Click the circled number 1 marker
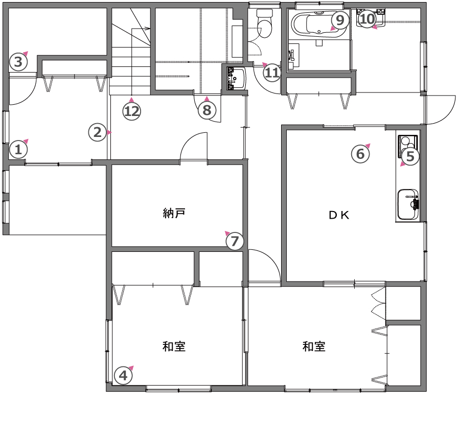click(x=18, y=150)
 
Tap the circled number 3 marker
click(x=18, y=62)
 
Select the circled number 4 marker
click(x=123, y=376)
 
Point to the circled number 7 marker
click(x=235, y=241)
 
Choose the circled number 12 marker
click(x=132, y=111)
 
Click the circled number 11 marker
click(x=272, y=73)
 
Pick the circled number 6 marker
click(x=360, y=154)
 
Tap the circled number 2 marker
click(x=98, y=132)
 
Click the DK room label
click(x=339, y=216)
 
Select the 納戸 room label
click(x=174, y=213)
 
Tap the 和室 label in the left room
click(x=174, y=346)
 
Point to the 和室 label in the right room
click(x=314, y=346)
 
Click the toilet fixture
click(x=264, y=24)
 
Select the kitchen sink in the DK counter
click(x=408, y=204)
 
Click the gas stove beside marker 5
click(x=408, y=146)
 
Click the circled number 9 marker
click(x=340, y=20)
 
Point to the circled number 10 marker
click(x=367, y=19)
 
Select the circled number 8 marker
click(x=207, y=110)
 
